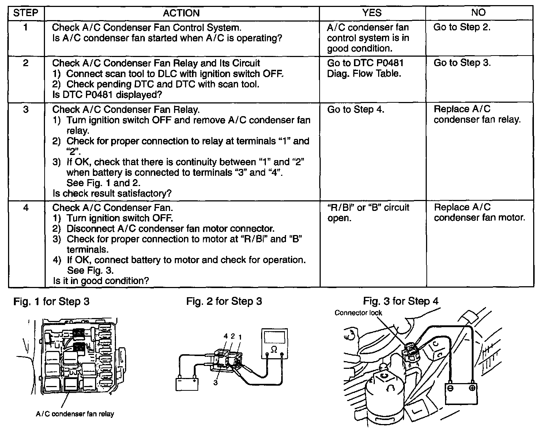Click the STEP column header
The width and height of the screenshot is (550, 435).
pyautogui.click(x=26, y=13)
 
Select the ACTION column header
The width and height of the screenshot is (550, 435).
pyautogui.click(x=181, y=13)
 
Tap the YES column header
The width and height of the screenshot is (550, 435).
pyautogui.click(x=372, y=13)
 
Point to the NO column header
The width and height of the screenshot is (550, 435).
pyautogui.click(x=478, y=13)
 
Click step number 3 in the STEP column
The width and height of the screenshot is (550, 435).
pyautogui.click(x=26, y=110)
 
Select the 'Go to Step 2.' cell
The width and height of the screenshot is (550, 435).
pyautogui.click(x=462, y=27)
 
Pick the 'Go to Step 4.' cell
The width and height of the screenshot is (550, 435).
pyautogui.click(x=355, y=110)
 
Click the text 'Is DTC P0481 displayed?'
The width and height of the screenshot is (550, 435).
pyautogui.click(x=107, y=95)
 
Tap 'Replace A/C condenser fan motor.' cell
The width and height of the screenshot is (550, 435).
pyautogui.click(x=479, y=213)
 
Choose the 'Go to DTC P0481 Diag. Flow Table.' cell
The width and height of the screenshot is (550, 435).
pyautogui.click(x=365, y=68)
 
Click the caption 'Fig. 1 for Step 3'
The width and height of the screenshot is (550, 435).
pyautogui.click(x=51, y=302)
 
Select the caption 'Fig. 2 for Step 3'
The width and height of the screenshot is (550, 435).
pyautogui.click(x=224, y=302)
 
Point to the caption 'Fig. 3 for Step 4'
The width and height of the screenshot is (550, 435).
pyautogui.click(x=401, y=301)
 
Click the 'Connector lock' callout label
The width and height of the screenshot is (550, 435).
pyautogui.click(x=358, y=313)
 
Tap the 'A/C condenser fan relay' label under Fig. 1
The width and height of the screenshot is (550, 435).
pyautogui.click(x=75, y=414)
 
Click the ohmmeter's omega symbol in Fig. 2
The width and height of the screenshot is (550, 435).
pyautogui.click(x=274, y=349)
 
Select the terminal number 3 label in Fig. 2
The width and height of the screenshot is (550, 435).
pyautogui.click(x=216, y=383)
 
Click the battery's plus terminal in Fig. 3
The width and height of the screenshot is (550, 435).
pyautogui.click(x=472, y=388)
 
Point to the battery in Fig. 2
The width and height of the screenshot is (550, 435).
pyautogui.click(x=187, y=384)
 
